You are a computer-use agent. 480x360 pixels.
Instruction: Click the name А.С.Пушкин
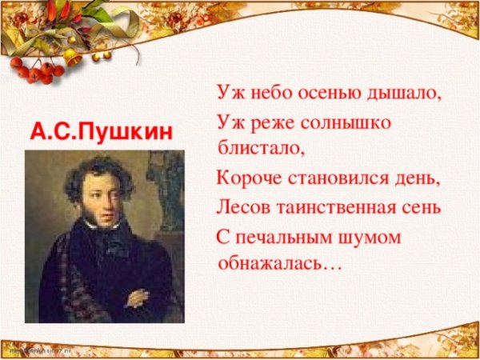(102, 130)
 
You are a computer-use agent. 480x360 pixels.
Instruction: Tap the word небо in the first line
(271, 93)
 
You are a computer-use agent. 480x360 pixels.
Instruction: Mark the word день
(418, 177)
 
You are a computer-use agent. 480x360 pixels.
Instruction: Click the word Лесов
(242, 209)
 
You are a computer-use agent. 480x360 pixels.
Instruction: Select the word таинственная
(336, 209)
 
